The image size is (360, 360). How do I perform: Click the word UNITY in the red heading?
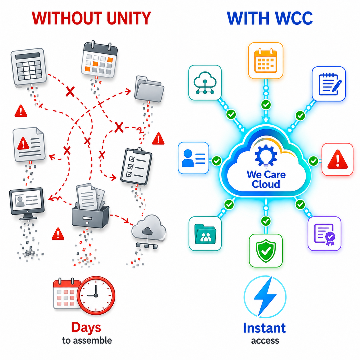coord(129,18)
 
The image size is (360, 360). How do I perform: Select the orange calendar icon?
coord(266,61)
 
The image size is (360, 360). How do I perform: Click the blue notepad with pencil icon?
coord(329,84)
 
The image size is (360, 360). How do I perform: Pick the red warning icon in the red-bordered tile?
coord(337,159)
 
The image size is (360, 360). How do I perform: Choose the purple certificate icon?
coord(324,234)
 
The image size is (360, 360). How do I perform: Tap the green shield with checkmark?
coord(266,251)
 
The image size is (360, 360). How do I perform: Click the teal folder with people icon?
coord(205,234)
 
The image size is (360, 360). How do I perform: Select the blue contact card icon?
coord(193,158)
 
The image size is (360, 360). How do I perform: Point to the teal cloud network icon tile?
coord(205,83)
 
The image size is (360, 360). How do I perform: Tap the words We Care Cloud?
coord(266,179)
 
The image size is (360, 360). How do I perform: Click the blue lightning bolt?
coord(265,297)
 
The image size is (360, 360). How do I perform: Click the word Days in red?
coord(86,328)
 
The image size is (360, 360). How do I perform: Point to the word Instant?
coord(264,328)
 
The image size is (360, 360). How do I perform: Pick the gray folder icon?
coord(149,89)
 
